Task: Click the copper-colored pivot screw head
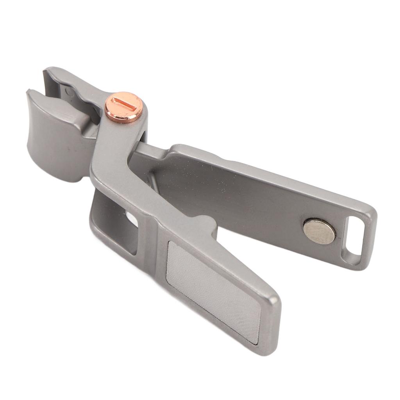124,107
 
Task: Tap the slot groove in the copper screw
124,105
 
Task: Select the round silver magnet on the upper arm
319,232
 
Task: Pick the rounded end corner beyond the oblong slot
369,250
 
